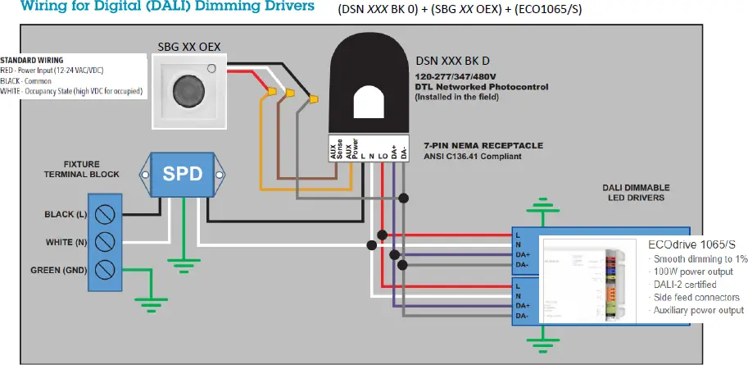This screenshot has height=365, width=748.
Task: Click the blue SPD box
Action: tap(184, 175)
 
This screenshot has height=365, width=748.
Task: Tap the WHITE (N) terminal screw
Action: tap(104, 243)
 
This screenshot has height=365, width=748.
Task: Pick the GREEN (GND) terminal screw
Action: tap(104, 270)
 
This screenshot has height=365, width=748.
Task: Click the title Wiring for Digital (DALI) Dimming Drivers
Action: tap(156, 7)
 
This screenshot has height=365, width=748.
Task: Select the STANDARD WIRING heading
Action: tap(32, 61)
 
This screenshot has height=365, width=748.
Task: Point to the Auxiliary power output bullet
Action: tap(697, 310)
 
